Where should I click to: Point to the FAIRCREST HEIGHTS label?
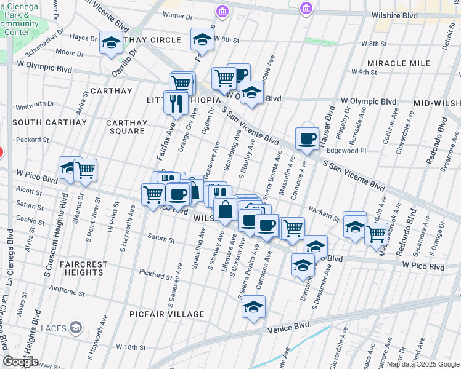84,269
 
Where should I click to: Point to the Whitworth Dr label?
36,105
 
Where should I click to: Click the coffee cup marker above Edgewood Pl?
306,138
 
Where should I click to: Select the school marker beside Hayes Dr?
111,42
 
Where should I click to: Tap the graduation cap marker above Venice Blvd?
253,307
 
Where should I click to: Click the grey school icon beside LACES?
76,327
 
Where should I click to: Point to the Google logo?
20,362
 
